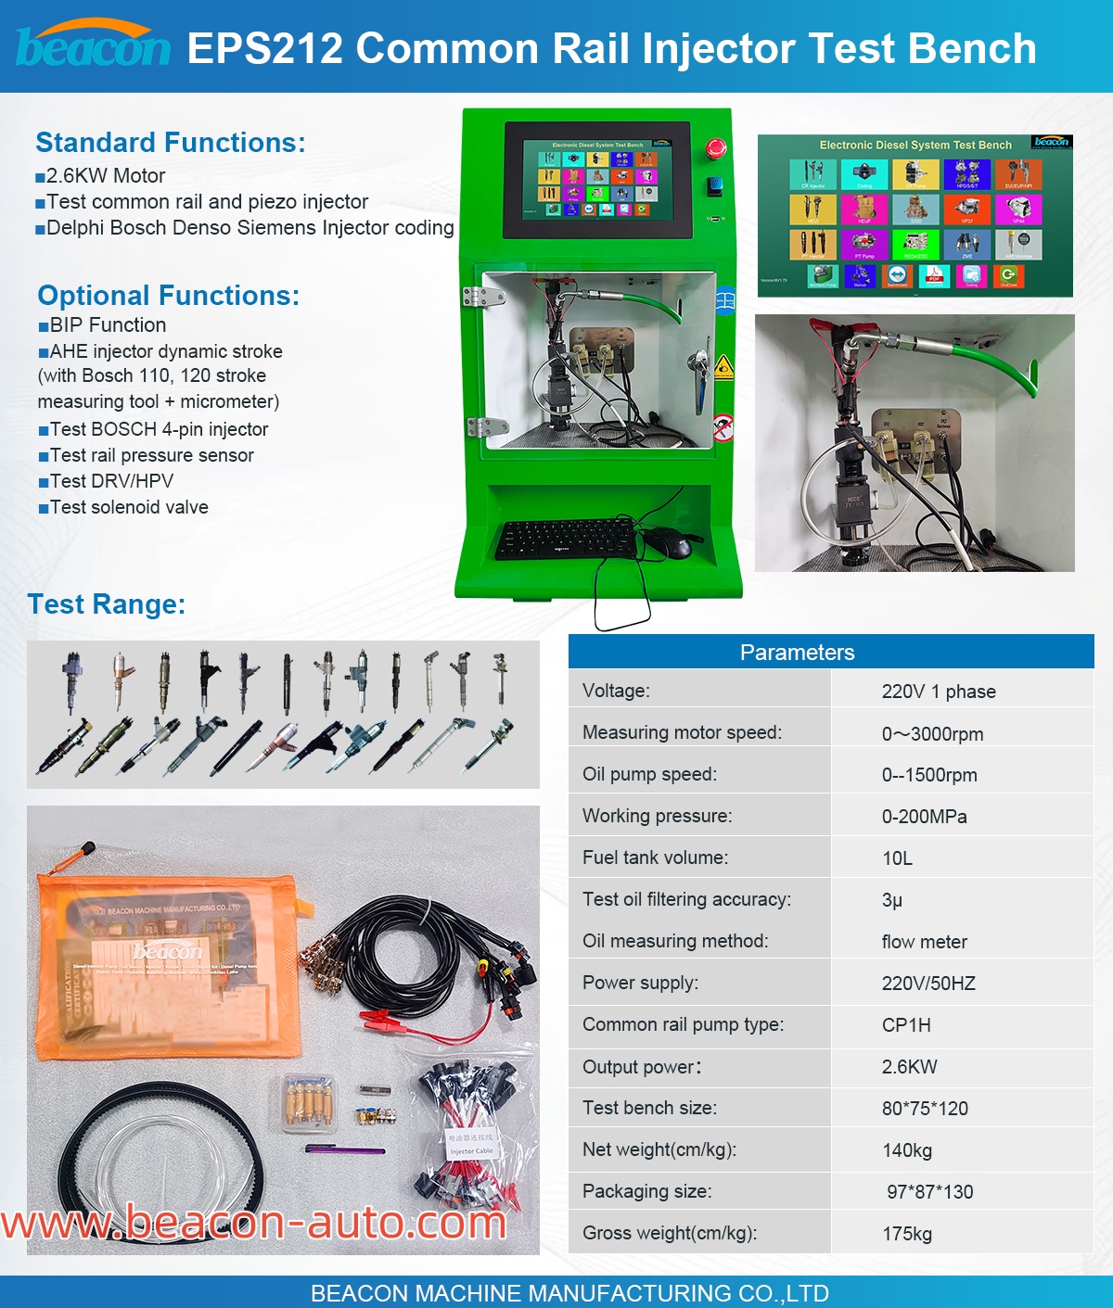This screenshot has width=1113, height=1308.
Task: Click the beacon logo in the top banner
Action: point(93,46)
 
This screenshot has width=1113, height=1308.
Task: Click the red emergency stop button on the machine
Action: point(716,148)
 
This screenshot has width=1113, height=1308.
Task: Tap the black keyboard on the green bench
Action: point(566,539)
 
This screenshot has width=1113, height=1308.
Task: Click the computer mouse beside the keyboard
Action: point(668,543)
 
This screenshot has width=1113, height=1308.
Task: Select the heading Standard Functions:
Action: point(171,143)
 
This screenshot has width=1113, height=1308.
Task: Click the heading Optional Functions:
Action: point(169,296)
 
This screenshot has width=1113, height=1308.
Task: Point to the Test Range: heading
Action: point(107,604)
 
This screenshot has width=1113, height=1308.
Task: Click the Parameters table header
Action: point(797,653)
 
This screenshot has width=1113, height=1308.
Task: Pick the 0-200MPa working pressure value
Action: point(924,817)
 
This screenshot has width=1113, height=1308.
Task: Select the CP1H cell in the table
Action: point(906,1025)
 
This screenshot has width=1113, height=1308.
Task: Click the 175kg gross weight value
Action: point(907,1234)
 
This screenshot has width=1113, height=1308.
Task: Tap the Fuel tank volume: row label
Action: point(655,857)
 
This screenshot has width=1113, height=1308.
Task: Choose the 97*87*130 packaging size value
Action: point(929,1192)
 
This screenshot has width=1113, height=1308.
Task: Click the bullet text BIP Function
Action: point(108,325)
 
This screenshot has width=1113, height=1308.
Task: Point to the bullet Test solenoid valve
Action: point(129,507)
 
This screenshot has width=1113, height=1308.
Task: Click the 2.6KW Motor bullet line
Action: point(106,176)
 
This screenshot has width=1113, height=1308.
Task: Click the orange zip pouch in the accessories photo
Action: point(167,964)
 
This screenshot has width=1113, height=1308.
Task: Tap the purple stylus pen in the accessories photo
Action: point(345,1150)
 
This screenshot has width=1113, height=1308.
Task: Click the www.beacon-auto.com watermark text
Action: point(254,1223)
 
